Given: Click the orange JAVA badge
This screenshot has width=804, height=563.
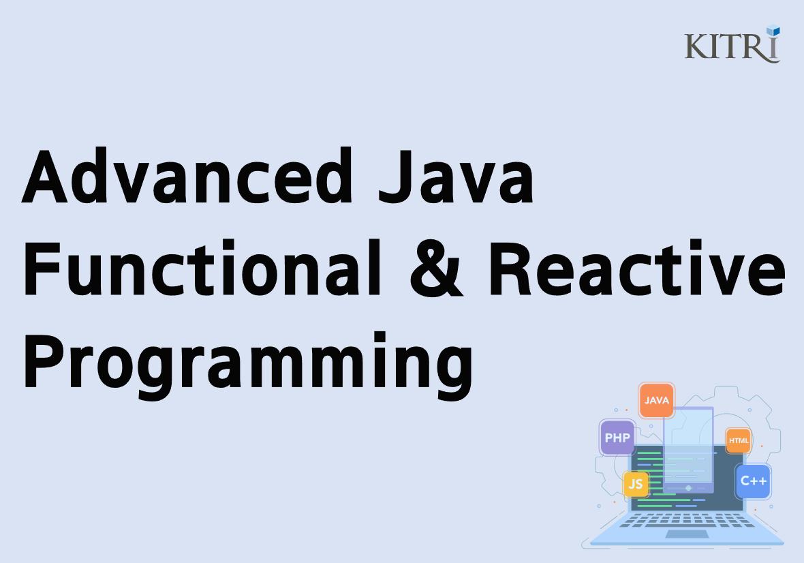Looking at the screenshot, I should (x=657, y=401).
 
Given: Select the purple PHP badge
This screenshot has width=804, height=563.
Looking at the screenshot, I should (x=617, y=438).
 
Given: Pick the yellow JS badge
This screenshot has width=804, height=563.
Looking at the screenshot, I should (x=636, y=484).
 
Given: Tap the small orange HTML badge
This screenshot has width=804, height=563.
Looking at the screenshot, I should (x=739, y=441).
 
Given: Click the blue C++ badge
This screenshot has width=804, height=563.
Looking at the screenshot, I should (x=754, y=481).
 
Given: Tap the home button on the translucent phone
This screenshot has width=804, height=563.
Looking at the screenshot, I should (x=688, y=487).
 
